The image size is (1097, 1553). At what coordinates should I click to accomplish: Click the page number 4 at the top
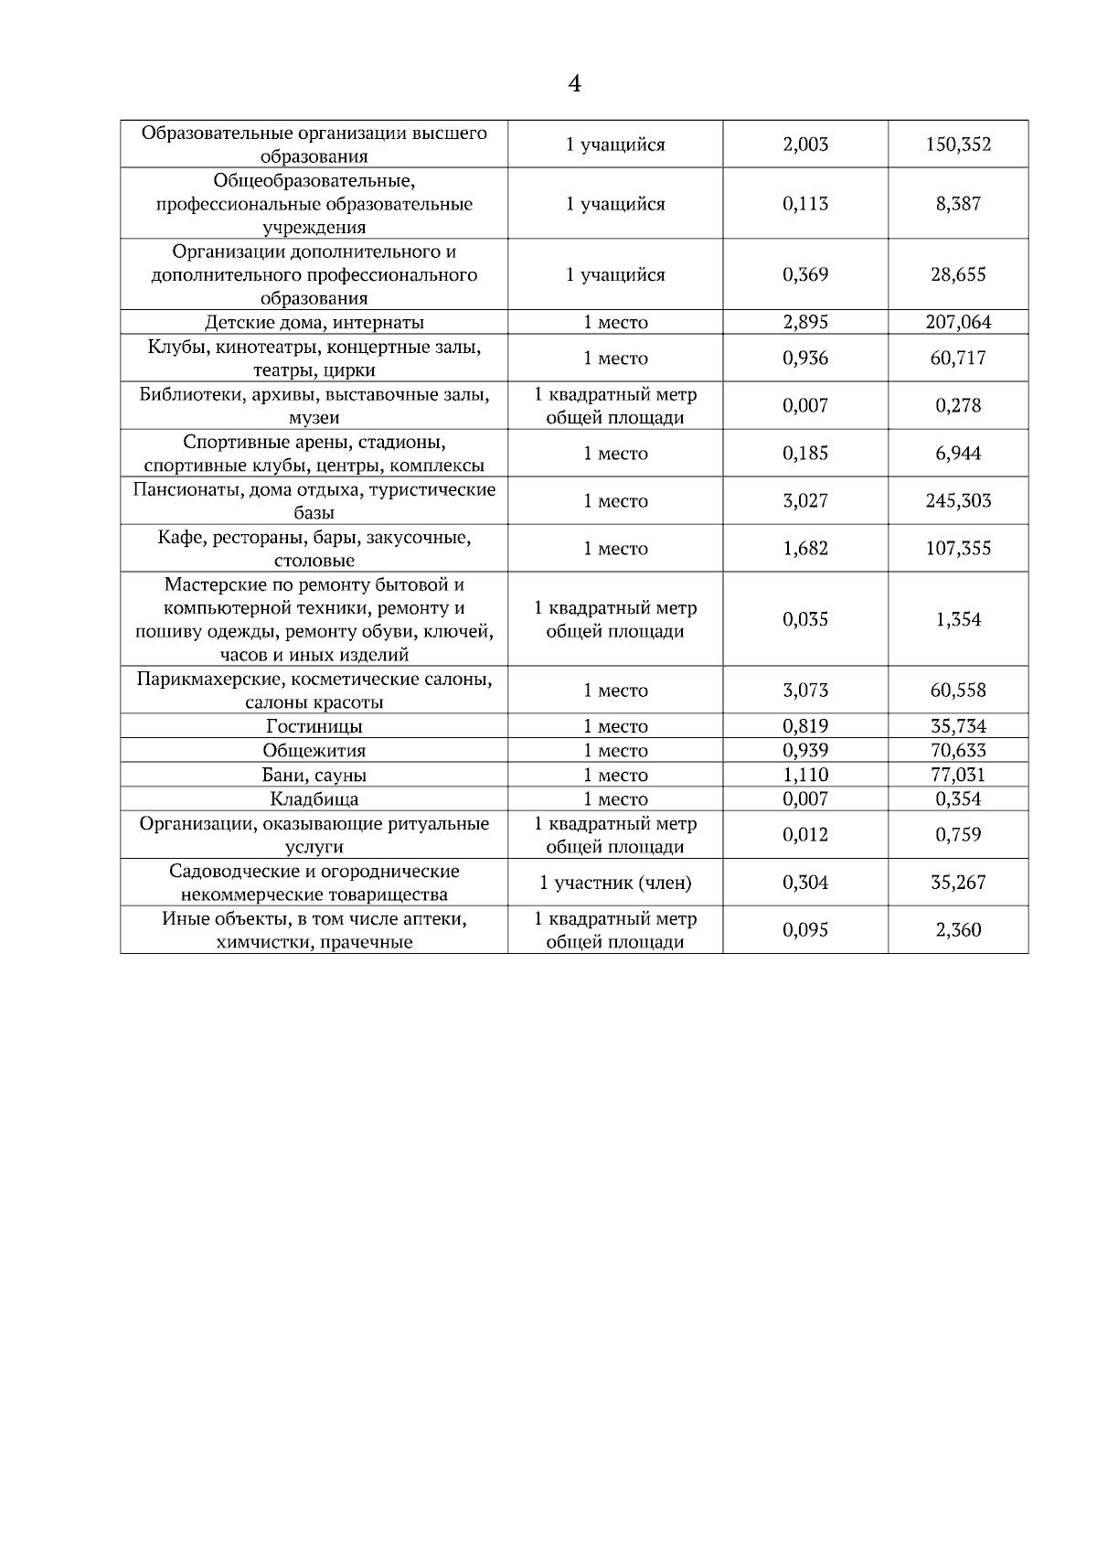(574, 84)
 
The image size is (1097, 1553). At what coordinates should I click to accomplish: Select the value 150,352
(958, 145)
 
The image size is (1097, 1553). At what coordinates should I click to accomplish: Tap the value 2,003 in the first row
(805, 145)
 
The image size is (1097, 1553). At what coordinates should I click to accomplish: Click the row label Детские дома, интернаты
(314, 322)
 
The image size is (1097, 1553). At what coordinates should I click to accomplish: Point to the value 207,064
(958, 322)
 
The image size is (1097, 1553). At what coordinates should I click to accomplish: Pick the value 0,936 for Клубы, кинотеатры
(805, 359)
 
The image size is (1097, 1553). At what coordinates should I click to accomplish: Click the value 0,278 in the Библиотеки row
(958, 406)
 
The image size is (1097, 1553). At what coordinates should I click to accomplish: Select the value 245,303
(958, 501)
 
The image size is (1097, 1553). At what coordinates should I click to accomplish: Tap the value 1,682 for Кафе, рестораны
(805, 549)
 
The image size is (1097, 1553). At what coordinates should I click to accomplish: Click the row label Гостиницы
(314, 727)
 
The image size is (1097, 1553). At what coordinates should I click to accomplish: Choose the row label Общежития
(314, 751)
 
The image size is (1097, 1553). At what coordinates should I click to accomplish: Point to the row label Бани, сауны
(314, 776)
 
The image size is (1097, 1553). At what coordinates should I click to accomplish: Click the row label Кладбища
(314, 799)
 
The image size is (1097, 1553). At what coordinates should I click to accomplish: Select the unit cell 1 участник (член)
(615, 883)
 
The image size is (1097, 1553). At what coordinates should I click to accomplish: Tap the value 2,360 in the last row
(958, 930)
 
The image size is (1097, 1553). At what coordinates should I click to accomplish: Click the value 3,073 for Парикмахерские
(805, 691)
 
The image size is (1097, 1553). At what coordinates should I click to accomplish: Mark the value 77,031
(958, 776)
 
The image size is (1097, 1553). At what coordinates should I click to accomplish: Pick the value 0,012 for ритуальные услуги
(805, 835)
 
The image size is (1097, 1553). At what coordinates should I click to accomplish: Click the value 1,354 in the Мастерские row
(958, 620)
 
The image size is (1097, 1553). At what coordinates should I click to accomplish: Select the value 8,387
(958, 204)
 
